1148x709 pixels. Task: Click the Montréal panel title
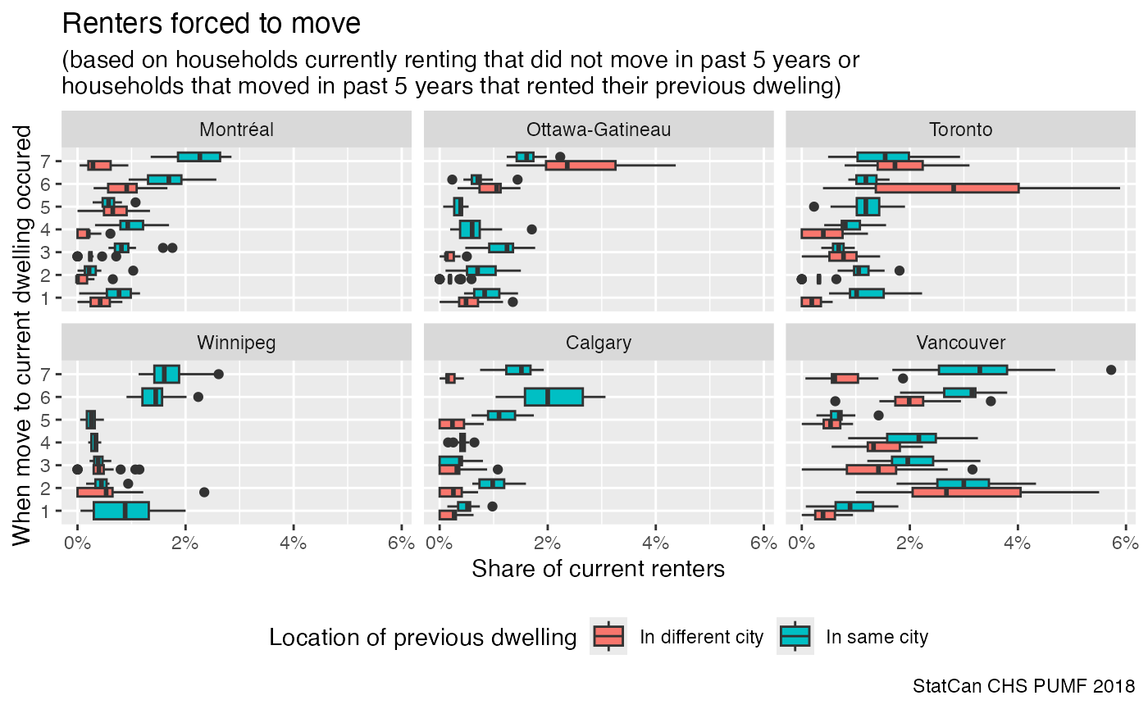point(236,130)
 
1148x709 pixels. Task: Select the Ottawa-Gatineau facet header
point(599,130)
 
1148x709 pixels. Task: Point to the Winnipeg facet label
point(236,342)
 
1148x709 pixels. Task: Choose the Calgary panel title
point(599,342)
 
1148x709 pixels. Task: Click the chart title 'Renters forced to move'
point(212,25)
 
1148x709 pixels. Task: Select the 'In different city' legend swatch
point(608,637)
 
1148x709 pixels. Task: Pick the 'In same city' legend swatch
point(795,637)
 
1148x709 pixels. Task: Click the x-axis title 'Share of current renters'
point(599,569)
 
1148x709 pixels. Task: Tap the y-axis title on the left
point(23,334)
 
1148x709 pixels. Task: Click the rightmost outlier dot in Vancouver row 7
point(1111,370)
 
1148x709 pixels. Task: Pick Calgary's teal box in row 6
point(553,397)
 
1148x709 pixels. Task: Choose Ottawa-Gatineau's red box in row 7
point(581,166)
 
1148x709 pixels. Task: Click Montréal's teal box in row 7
point(199,157)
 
